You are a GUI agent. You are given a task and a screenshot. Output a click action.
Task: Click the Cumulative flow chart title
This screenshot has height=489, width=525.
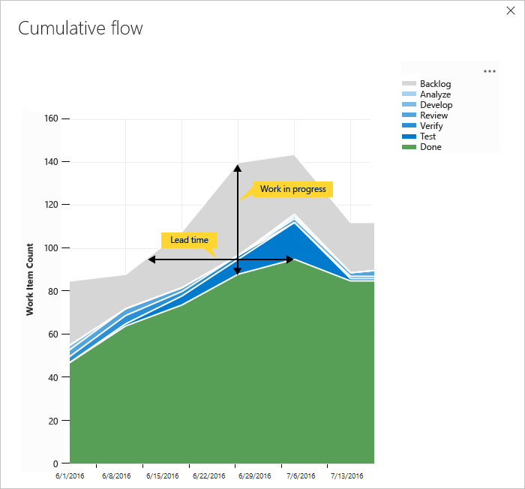point(80,28)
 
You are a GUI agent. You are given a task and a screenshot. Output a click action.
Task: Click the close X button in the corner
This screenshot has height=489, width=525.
point(511,12)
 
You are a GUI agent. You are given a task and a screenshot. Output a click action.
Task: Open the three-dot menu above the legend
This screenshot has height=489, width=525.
point(490,71)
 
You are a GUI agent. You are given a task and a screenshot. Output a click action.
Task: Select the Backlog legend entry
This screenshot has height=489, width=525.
point(435,84)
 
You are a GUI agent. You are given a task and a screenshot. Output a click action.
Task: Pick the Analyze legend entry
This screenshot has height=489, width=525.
point(435,94)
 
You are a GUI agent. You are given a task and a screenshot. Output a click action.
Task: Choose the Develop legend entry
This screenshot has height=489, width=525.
point(436,105)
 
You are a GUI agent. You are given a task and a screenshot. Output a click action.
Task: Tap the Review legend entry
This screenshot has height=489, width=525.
point(433,115)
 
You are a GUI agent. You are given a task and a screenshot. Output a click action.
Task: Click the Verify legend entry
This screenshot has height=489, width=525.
point(431,126)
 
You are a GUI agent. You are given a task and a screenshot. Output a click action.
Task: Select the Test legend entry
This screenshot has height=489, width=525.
point(428,136)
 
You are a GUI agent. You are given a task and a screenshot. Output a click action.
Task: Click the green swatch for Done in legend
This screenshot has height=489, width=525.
point(409,147)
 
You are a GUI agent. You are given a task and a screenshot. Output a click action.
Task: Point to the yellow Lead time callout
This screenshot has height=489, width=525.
point(189,240)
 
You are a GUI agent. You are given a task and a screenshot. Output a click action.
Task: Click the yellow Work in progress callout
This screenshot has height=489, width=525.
point(292,189)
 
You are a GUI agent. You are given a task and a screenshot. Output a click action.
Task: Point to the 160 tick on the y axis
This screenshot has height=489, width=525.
point(51,118)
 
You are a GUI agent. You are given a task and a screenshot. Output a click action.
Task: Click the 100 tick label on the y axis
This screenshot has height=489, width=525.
point(51,248)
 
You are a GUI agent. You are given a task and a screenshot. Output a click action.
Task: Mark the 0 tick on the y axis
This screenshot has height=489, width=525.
point(55,463)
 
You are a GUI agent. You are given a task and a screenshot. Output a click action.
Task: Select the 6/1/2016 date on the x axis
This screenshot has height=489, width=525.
point(70,475)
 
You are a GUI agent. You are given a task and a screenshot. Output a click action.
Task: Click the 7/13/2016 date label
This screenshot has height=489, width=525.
point(346,475)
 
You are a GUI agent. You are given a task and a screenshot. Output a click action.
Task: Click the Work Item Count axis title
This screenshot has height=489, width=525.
point(30,279)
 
